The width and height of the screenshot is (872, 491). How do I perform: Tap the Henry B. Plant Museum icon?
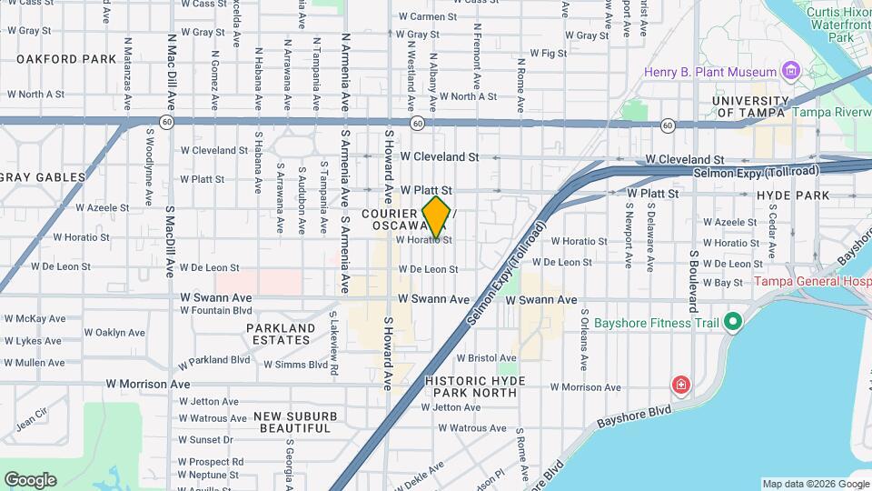coord(790,72)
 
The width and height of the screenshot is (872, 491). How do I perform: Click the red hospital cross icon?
coord(679,386)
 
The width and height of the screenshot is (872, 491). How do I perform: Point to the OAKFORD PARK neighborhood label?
coord(66,59)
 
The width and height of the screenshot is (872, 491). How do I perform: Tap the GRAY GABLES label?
coord(43,176)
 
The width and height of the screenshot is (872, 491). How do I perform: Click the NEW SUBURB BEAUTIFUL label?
coord(292,422)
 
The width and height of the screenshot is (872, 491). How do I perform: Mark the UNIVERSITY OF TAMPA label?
coord(749,106)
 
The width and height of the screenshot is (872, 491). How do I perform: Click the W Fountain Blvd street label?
coord(215,310)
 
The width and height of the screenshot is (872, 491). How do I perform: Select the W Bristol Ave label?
coord(491,358)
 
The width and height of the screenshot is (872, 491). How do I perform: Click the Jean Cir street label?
coord(31,418)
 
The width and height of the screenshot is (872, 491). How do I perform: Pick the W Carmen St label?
coord(433,16)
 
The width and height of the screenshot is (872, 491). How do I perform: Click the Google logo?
coord(30,479)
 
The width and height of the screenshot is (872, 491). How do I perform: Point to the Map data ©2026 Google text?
coord(815,484)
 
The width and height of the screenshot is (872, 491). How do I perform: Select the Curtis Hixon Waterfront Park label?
coord(837,24)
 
